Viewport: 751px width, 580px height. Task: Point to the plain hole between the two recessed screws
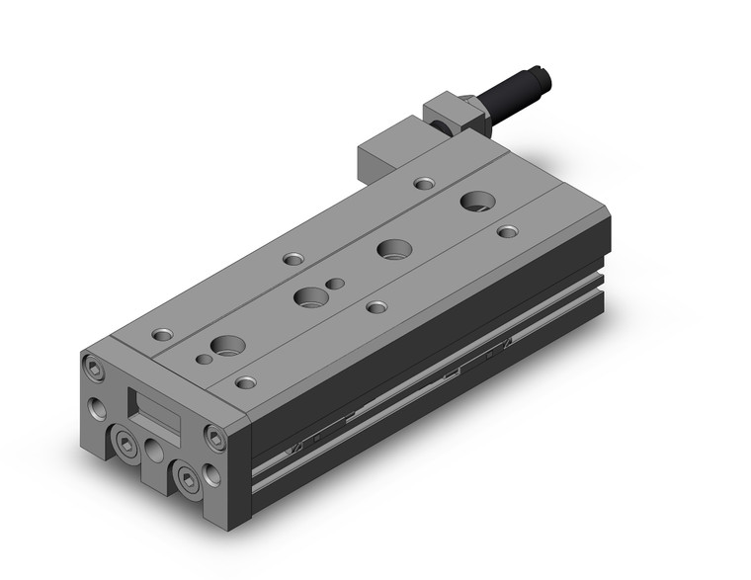pos(154,452)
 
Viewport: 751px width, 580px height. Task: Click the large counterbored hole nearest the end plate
pos(229,346)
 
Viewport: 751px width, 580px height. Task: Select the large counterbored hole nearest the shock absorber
pos(478,200)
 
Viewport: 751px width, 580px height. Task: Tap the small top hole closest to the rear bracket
pos(423,183)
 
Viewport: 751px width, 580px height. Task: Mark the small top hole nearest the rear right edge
pos(507,231)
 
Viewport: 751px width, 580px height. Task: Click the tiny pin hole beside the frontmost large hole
pos(204,359)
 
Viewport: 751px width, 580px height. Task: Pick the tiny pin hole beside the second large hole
pos(336,284)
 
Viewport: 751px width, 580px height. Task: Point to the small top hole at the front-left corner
pos(160,334)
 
